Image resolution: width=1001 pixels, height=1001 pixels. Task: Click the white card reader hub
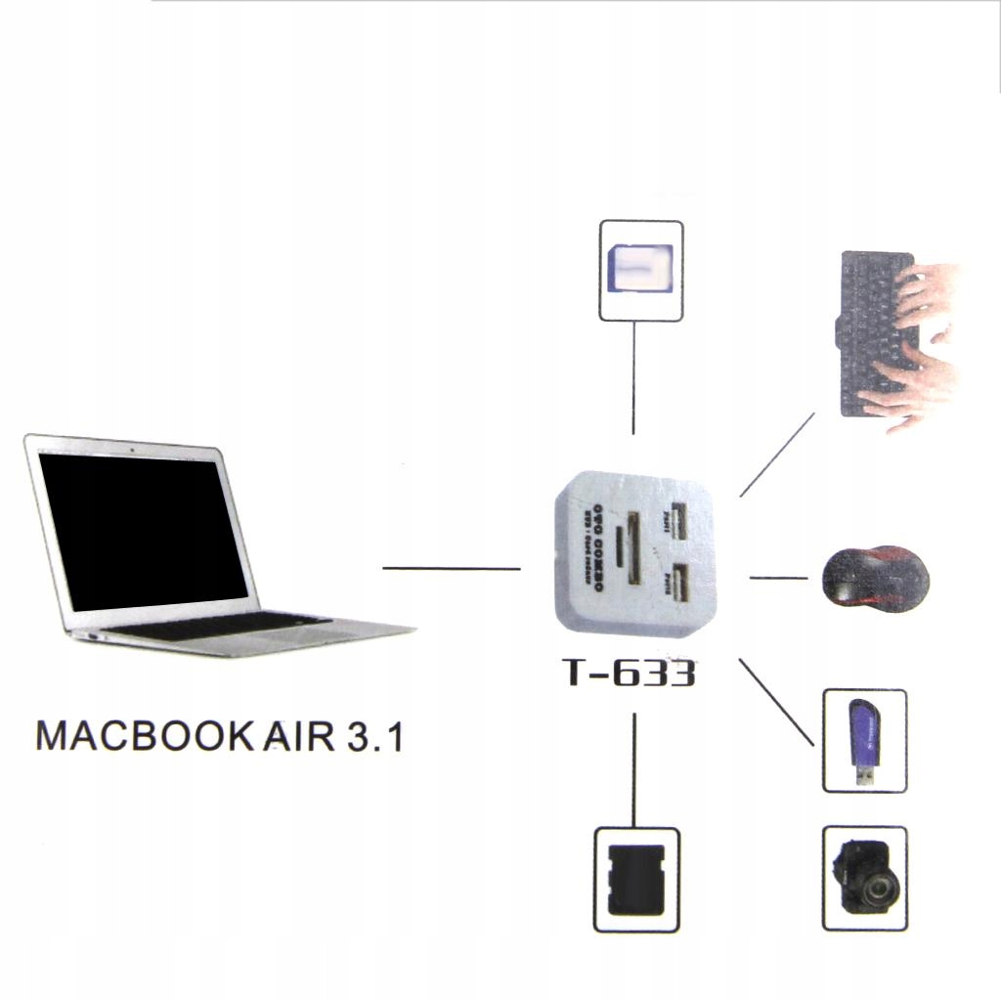633,554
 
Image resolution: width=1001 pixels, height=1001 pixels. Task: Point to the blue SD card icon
640,271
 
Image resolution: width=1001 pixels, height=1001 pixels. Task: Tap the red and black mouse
875,579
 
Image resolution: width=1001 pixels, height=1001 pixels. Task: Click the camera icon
864,878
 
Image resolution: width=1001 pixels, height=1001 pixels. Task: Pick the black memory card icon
636,880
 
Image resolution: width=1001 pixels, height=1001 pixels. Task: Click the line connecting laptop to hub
451,568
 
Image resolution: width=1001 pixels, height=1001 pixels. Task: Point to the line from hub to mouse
779,578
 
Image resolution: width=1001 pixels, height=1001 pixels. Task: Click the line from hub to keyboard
777,455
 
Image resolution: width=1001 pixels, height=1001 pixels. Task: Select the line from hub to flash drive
776,702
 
